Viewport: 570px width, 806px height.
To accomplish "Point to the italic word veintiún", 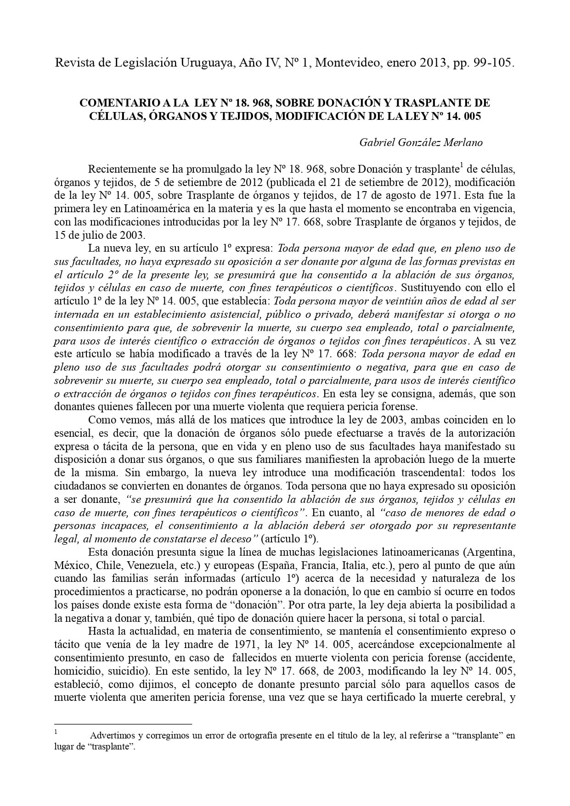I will pyautogui.click(x=409, y=301).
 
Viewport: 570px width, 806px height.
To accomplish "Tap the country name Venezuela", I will pyautogui.click(x=149, y=565).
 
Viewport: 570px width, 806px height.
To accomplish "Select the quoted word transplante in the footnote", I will pyautogui.click(x=478, y=736).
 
